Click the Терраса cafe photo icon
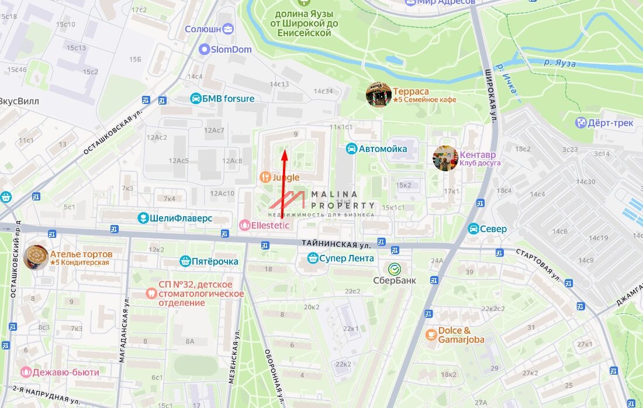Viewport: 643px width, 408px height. pos(379,95)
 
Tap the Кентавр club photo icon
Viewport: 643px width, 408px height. pos(445,158)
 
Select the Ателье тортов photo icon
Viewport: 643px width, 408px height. pos(36,258)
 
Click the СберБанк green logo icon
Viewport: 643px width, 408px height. pos(395,269)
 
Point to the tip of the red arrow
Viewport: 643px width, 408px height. pos(285,151)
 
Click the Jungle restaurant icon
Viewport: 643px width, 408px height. pos(265,177)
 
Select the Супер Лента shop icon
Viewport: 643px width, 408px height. pos(313,258)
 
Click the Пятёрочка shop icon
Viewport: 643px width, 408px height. pos(185,261)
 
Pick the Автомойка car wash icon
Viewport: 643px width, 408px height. pos(351,148)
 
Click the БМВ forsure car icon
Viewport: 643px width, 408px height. pos(195,98)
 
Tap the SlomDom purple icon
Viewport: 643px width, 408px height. pos(204,50)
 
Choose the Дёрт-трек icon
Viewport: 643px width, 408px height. pos(581,123)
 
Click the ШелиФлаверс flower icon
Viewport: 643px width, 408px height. pos(142,218)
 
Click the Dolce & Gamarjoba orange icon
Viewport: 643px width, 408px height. pos(431,334)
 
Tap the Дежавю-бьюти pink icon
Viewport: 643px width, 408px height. pos(26,372)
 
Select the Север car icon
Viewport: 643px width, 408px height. pos(473,229)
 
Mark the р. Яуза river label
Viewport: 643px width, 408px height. pos(559,63)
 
